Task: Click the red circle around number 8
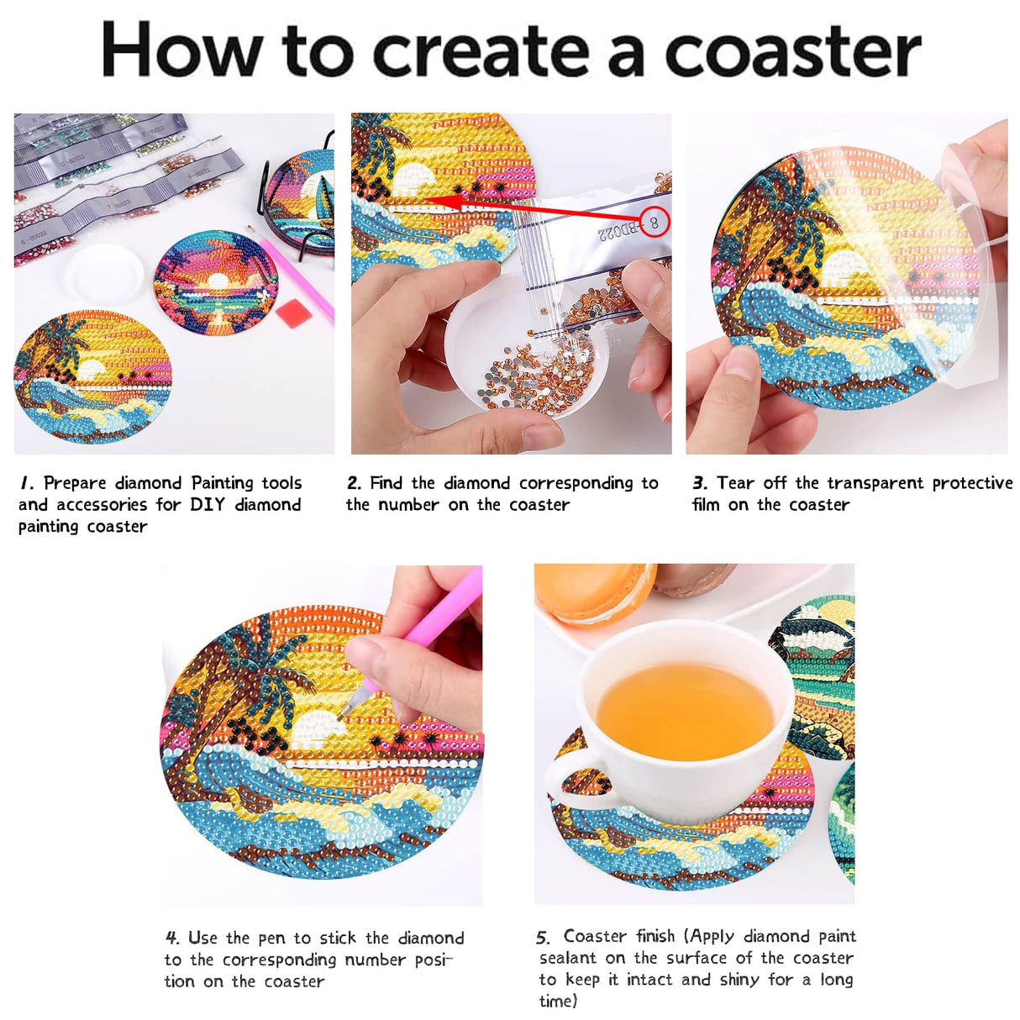pos(655,222)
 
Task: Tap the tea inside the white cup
pos(685,711)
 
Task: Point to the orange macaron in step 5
pos(592,591)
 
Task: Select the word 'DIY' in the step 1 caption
pos(207,505)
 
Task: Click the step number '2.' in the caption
pos(355,483)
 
